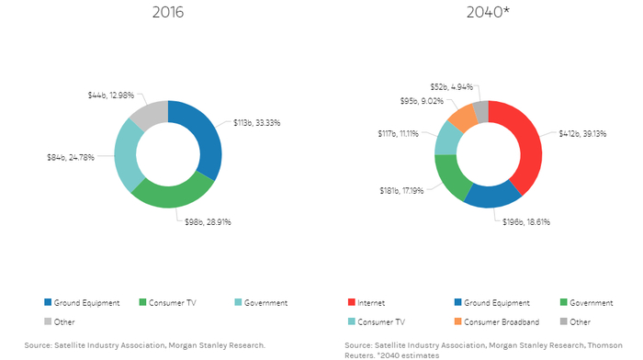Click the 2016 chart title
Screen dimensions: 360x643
click(168, 16)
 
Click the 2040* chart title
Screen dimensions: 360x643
click(489, 16)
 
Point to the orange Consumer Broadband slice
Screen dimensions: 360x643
click(463, 116)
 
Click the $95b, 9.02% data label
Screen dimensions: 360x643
click(426, 101)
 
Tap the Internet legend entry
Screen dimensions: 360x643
click(371, 302)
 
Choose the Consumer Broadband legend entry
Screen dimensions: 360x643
click(495, 321)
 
